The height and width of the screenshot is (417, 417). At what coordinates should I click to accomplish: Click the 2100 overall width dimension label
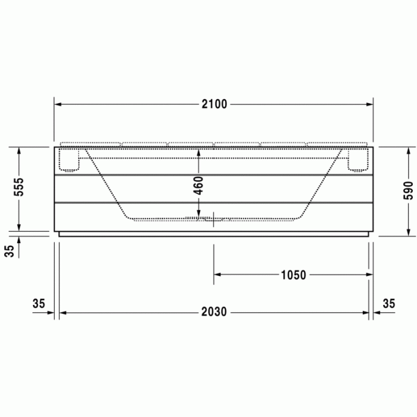coord(214,104)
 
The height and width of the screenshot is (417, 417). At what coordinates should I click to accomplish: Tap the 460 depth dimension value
coord(199,185)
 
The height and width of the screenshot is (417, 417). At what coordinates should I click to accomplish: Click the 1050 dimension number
coord(293,275)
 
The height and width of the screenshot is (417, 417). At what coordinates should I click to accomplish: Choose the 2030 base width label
coord(214,312)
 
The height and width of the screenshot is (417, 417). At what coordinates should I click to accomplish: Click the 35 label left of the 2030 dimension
coord(39,304)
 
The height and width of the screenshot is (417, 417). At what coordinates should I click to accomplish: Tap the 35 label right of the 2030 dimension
coord(388,304)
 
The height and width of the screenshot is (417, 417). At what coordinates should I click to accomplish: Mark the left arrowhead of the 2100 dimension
coord(58,104)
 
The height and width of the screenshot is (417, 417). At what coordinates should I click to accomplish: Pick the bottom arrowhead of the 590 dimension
coord(409,233)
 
